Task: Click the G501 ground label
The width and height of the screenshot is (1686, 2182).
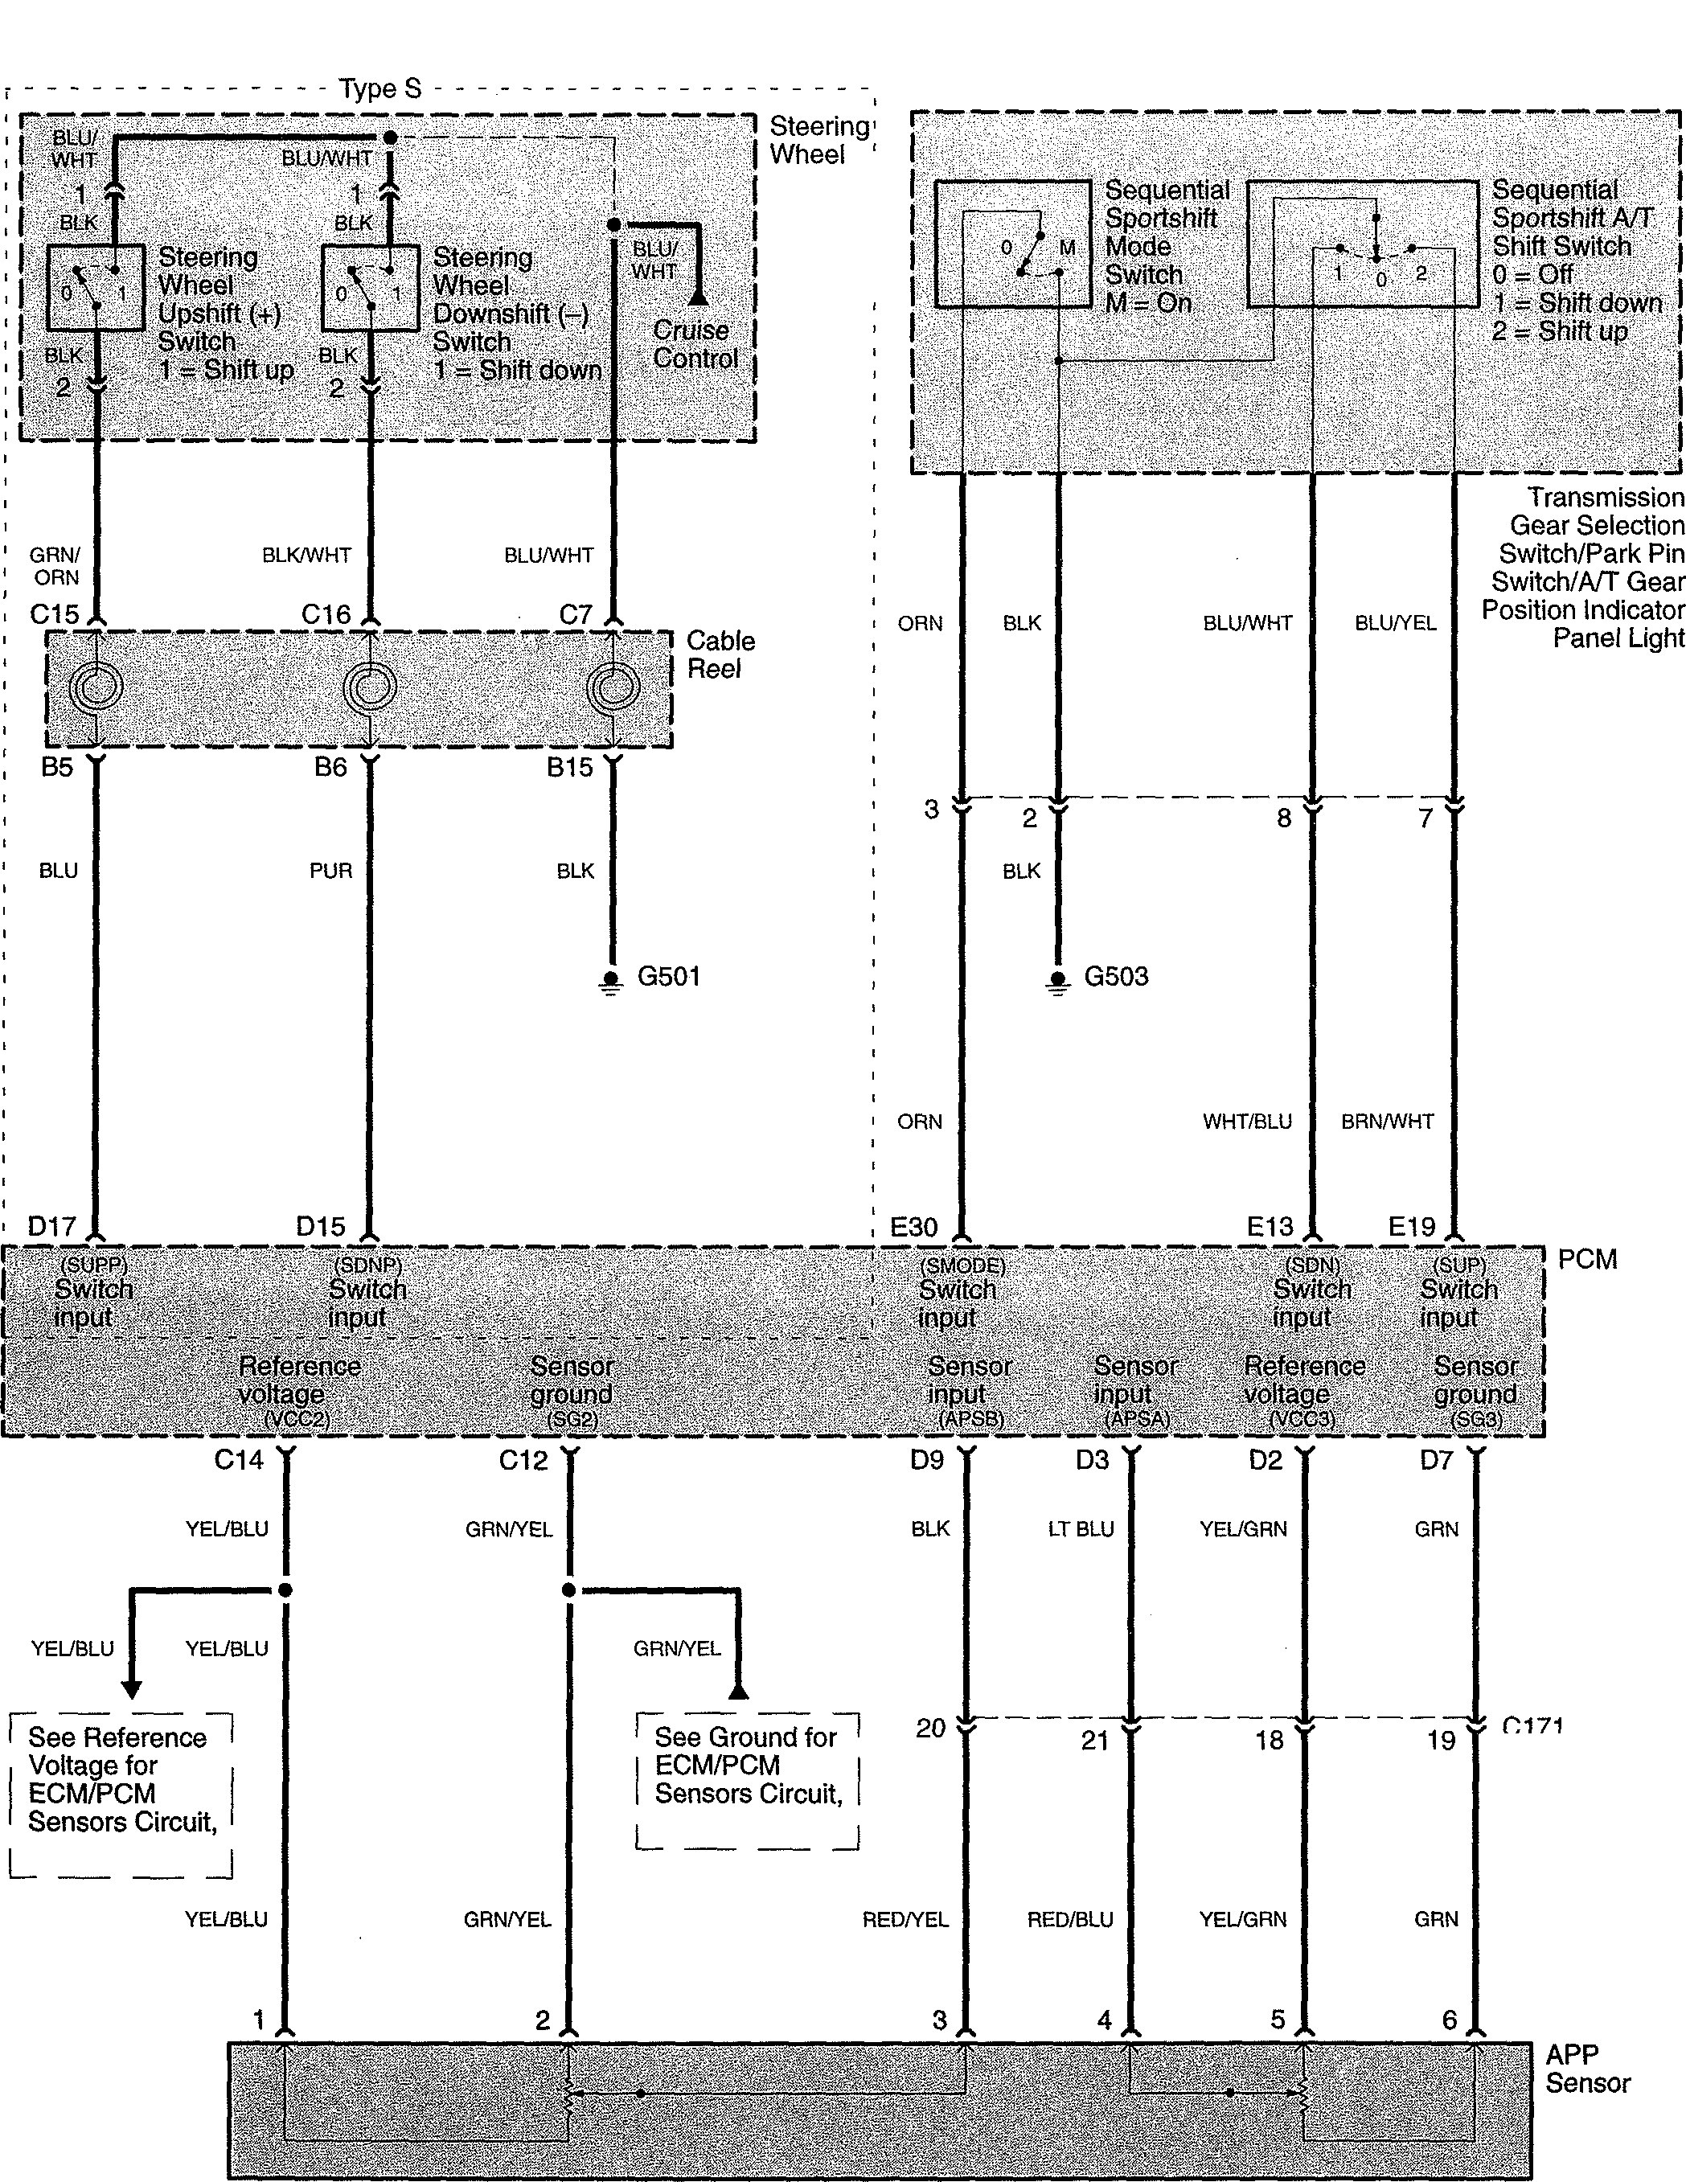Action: pyautogui.click(x=669, y=976)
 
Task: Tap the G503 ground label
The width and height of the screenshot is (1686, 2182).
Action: pyautogui.click(x=1115, y=976)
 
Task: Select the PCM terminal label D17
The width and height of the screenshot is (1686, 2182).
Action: pyautogui.click(x=52, y=1226)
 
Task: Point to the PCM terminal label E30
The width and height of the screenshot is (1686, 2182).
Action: pyautogui.click(x=913, y=1227)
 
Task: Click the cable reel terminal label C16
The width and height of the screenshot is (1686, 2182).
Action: pyautogui.click(x=326, y=614)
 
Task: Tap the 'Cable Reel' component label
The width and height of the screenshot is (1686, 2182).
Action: pyautogui.click(x=720, y=654)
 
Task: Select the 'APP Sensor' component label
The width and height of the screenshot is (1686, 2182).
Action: pyautogui.click(x=1587, y=2069)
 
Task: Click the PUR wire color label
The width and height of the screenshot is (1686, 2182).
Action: pyautogui.click(x=330, y=872)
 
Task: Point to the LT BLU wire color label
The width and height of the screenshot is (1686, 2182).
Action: pyautogui.click(x=1081, y=1528)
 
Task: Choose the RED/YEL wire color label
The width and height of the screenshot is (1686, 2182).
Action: pyautogui.click(x=905, y=1919)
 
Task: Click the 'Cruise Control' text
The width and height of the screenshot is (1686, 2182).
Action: pyautogui.click(x=695, y=343)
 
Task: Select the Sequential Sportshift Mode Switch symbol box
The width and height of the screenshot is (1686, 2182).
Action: pyautogui.click(x=1012, y=244)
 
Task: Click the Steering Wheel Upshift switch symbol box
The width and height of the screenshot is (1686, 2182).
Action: pyautogui.click(x=95, y=288)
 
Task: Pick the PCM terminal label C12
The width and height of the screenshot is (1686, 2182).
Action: pyautogui.click(x=523, y=1461)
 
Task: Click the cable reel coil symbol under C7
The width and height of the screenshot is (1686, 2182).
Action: pyautogui.click(x=613, y=687)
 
